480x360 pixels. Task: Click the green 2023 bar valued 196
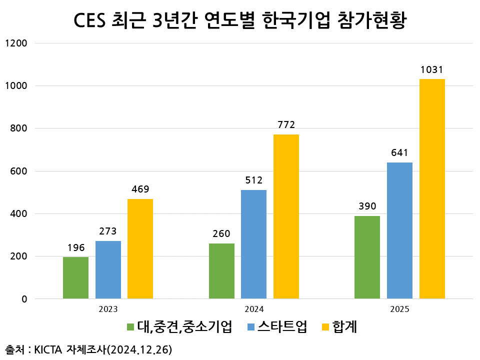[x=75, y=278]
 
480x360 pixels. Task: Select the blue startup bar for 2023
[x=108, y=270]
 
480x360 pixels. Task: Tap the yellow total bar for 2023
[x=140, y=249]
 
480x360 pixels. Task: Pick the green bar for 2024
[x=221, y=271]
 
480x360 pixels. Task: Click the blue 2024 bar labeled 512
[x=253, y=244]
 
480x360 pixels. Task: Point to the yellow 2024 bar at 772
[x=286, y=216]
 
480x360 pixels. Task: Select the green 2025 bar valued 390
[x=367, y=257]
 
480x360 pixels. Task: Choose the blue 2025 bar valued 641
[x=399, y=230]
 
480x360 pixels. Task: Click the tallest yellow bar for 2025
[x=432, y=189]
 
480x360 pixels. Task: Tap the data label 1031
[x=432, y=70]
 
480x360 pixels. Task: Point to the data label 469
[x=140, y=189]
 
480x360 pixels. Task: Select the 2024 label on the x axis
[x=254, y=309]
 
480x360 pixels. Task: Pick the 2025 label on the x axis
[x=399, y=309]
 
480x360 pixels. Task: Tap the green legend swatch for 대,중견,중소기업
[x=130, y=327]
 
